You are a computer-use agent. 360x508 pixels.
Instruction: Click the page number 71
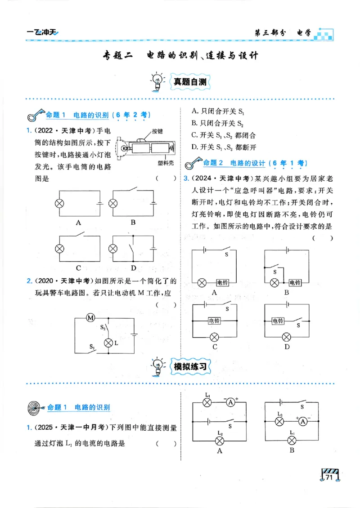pos(329,477)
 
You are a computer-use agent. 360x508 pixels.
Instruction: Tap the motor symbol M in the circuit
pos(90,318)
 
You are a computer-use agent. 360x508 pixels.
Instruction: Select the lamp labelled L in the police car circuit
pos(108,343)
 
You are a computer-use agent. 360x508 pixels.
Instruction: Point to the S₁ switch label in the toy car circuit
pos(92,347)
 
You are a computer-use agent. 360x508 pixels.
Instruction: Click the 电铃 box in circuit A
pos(222,283)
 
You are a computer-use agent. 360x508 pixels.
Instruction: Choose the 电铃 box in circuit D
pos(278,321)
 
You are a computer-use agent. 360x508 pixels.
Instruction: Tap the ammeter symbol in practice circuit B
pos(303,421)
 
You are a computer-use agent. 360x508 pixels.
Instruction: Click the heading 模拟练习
pos(189,366)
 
